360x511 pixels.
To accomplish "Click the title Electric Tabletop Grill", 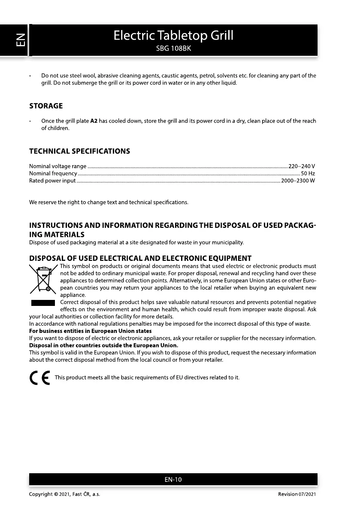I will coord(173,35).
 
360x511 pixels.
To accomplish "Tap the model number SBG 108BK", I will coord(173,48).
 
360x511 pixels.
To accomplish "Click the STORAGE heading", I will coord(46,106).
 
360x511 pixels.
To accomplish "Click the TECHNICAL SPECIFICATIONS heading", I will coord(79,151).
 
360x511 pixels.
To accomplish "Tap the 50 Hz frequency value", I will coord(308,173).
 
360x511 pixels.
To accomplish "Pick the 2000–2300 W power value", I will coord(298,181).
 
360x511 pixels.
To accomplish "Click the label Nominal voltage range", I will coord(57,166).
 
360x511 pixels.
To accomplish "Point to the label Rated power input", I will coord(52,181).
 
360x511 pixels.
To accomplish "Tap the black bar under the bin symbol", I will coord(43,303).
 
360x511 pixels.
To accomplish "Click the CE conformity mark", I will coord(39,378).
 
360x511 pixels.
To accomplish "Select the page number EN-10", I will coord(173,480).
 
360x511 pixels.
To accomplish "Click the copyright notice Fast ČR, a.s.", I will coord(64,495).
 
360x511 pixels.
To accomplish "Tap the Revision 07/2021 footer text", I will coord(296,495).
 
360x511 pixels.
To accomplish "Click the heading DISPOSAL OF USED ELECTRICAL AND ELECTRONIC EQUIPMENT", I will coord(140,258).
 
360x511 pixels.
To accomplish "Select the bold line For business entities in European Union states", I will coord(90,331).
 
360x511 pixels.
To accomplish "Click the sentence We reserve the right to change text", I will coord(109,202).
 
